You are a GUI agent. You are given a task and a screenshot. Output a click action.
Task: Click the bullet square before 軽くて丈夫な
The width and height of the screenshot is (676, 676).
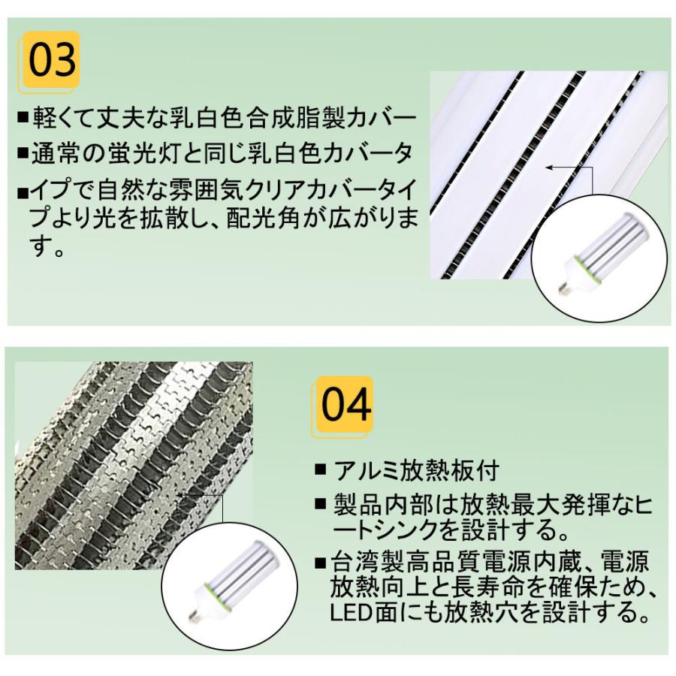click(x=22, y=119)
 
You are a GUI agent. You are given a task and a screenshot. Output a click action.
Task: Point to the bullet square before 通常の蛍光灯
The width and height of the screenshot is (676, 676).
click(x=22, y=154)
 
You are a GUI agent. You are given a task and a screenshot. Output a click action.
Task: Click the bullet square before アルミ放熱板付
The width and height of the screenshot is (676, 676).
click(x=321, y=471)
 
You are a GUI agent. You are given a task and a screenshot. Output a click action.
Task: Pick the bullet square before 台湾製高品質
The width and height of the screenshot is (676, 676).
click(x=321, y=563)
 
